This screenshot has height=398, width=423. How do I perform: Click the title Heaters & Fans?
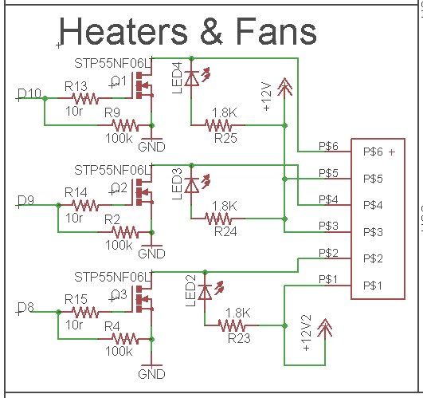[x=187, y=31]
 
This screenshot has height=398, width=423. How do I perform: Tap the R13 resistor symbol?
[x=85, y=98]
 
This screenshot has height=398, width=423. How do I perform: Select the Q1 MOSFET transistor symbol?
[x=143, y=85]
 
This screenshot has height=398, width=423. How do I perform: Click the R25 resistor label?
[x=225, y=138]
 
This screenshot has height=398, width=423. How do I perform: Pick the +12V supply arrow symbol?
[x=284, y=87]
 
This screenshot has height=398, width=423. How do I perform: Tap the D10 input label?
[x=29, y=93]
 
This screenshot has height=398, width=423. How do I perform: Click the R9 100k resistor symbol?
[x=125, y=125]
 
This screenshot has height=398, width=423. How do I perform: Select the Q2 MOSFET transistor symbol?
[x=143, y=192]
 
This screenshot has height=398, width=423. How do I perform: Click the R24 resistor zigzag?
[x=218, y=219]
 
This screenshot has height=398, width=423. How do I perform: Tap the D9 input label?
[x=25, y=200]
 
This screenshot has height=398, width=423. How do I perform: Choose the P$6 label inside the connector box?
[x=373, y=152]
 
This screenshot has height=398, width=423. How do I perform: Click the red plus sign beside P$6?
[x=392, y=152]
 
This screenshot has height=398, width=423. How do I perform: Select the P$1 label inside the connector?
[x=373, y=286]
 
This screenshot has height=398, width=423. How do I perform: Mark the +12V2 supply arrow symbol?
[x=325, y=329]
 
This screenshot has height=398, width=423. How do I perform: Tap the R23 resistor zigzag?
[x=232, y=325]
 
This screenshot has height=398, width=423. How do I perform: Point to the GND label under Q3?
[x=151, y=374]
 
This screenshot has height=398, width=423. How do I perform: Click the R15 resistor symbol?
[x=85, y=312]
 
